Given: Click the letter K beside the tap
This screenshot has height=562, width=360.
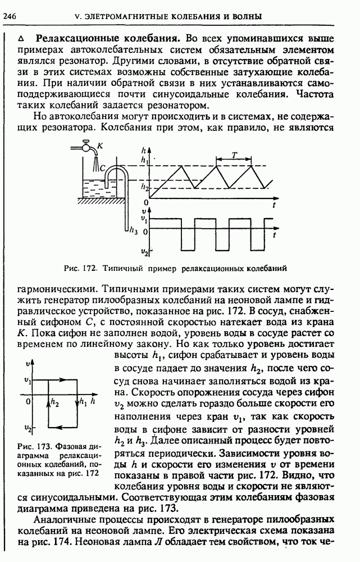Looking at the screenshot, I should point(99,146).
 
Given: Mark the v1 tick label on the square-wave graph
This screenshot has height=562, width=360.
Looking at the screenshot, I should point(144,217).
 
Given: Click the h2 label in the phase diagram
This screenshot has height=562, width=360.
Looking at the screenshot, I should point(54,402).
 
